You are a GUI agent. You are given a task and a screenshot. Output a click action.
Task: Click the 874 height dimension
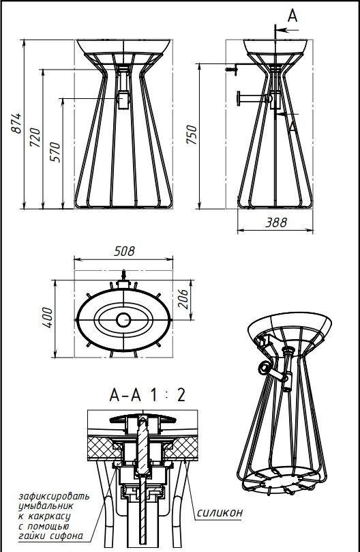coord(16,124)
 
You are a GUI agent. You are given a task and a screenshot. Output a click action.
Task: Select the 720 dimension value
coord(35,138)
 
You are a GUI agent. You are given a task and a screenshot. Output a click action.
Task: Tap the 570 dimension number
coord(55,151)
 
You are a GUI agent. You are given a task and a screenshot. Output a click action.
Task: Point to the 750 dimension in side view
coord(192,134)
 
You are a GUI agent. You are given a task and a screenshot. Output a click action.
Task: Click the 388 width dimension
coord(276,222)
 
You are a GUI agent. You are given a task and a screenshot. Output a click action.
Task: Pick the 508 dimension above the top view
coord(124,251)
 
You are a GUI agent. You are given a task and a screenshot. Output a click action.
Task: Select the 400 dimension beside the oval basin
coord(47,317)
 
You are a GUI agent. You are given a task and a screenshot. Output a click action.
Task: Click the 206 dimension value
coord(182,299)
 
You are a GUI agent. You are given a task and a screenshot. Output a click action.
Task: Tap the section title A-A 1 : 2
coord(147,395)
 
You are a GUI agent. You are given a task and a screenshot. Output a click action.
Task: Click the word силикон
coord(220,512)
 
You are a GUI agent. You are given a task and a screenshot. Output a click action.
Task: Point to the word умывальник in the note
coord(46,506)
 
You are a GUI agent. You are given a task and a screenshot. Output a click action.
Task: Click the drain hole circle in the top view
coord(123,319)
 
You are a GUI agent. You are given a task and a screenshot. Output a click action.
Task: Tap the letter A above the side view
coord(292,16)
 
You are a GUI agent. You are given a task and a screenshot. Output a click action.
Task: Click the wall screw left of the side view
coord(232,70)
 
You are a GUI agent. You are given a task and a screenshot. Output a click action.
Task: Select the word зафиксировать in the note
coord(54,496)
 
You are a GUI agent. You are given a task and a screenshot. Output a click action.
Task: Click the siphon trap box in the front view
coord(123,100)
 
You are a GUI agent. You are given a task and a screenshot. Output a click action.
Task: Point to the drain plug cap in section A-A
coord(142,419)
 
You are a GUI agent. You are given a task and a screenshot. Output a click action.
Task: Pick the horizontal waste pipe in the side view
coord(254,98)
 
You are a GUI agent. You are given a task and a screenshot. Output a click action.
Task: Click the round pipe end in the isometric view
coord(264,368)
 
